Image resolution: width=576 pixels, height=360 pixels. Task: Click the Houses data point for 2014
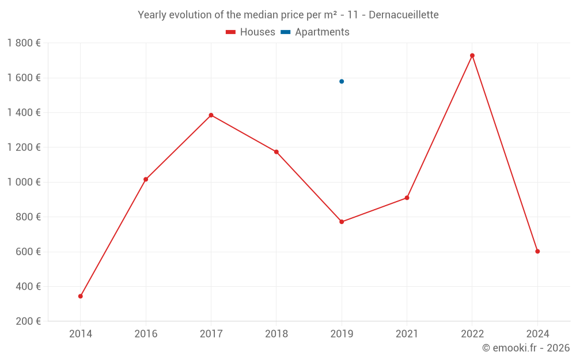pos(81,296)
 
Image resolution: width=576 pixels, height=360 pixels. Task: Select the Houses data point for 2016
pos(146,179)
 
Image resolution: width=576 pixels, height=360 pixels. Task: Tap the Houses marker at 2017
pos(211,115)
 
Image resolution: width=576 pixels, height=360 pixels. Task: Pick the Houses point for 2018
pos(276,152)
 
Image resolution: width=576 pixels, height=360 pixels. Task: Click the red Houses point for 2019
pos(342,222)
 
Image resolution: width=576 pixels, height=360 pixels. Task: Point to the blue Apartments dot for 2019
pos(342,81)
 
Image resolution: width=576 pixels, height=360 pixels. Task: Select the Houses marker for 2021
pos(407,198)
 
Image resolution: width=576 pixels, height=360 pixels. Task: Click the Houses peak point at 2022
pos(472,55)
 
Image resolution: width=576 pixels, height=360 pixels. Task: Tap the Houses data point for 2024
pos(537,251)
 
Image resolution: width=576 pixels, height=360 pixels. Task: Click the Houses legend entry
pos(251,32)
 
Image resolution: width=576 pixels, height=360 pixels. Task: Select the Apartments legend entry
pos(315,32)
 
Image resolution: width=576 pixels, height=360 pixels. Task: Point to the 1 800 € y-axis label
pos(24,43)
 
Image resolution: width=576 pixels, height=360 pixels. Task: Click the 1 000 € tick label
pos(24,182)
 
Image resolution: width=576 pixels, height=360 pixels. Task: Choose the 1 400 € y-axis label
pos(24,113)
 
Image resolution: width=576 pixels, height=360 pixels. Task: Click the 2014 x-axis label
pos(81,334)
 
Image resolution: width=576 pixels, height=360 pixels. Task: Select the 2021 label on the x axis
pos(407,334)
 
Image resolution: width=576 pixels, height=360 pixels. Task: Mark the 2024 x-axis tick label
pos(537,334)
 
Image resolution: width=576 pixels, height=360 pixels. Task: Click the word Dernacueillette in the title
pos(403,15)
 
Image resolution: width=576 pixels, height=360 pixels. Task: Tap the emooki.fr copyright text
pos(526,348)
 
